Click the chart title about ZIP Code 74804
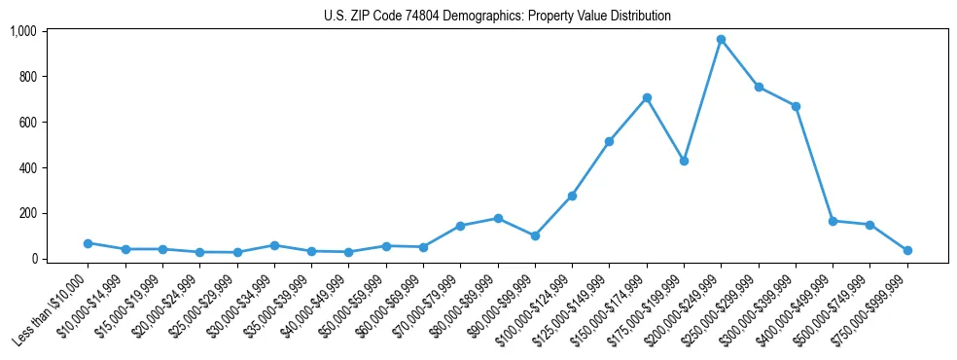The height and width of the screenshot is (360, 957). pyautogui.click(x=497, y=17)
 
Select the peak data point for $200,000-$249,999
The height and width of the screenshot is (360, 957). pyautogui.click(x=721, y=39)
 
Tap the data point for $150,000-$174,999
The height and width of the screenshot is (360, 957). pyautogui.click(x=647, y=97)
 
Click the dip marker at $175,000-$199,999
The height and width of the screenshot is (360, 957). pyautogui.click(x=684, y=161)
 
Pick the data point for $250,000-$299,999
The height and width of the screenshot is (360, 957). pyautogui.click(x=759, y=87)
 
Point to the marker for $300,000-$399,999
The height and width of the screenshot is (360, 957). pyautogui.click(x=796, y=106)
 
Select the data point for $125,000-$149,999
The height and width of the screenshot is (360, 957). pyautogui.click(x=609, y=141)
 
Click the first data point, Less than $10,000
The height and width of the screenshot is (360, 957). pyautogui.click(x=88, y=243)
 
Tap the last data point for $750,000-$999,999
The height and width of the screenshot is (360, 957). pyautogui.click(x=907, y=250)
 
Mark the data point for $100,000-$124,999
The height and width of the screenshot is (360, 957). pyautogui.click(x=572, y=196)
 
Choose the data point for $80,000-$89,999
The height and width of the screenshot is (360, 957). pyautogui.click(x=498, y=218)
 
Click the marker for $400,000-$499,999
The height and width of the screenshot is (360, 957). pyautogui.click(x=833, y=221)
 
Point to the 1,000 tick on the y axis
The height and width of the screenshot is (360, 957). pyautogui.click(x=22, y=31)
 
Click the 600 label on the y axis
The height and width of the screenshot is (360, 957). pyautogui.click(x=27, y=122)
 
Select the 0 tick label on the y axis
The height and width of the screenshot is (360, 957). pyautogui.click(x=33, y=259)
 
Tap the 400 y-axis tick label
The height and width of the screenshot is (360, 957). pyautogui.click(x=27, y=167)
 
